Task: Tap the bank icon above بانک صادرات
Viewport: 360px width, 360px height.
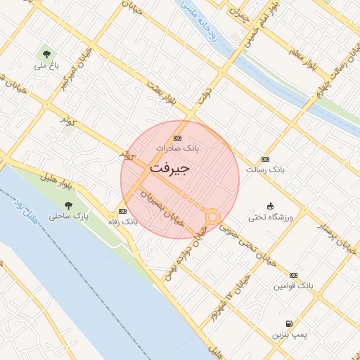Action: [177, 138]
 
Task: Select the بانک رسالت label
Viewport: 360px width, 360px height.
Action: [264, 169]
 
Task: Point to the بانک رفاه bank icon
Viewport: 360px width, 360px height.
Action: [123, 211]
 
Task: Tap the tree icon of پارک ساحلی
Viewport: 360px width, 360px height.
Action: [68, 205]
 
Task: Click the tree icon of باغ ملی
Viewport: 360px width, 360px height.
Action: [46, 53]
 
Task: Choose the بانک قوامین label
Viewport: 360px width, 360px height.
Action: [294, 286]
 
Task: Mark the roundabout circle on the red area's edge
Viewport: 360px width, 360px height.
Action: [212, 217]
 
